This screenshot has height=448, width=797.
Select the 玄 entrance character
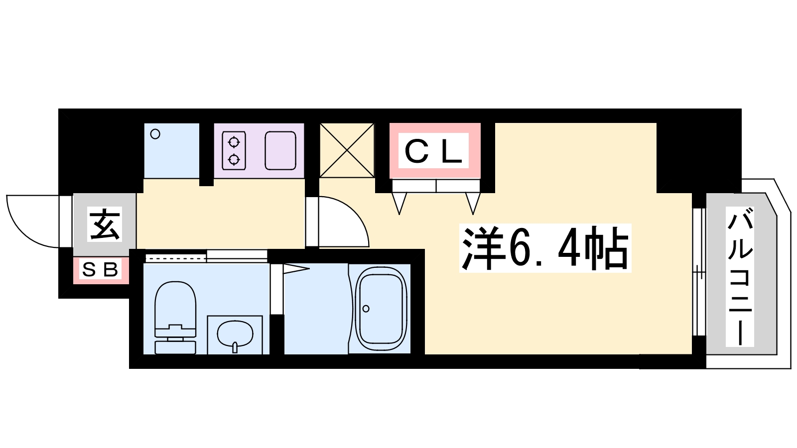click(104, 224)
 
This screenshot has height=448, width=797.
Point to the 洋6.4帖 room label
click(545, 248)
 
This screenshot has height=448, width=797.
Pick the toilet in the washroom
click(175, 318)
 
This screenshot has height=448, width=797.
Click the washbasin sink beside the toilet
click(235, 335)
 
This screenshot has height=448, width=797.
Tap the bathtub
click(381, 309)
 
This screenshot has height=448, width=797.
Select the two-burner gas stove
click(234, 150)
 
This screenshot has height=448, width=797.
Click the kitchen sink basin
click(280, 150)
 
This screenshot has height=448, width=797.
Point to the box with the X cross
click(347, 150)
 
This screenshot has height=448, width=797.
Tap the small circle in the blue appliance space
click(155, 134)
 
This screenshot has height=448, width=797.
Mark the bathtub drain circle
click(366, 309)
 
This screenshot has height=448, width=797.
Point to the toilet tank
click(175, 347)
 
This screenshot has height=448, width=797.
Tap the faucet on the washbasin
click(235, 347)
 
